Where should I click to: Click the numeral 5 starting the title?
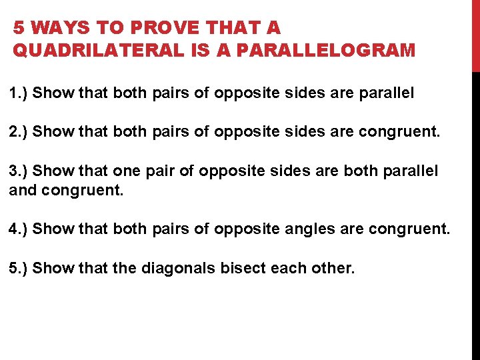click(19, 28)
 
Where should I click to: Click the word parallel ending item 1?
click(387, 93)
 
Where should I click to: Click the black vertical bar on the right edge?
click(475, 213)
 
